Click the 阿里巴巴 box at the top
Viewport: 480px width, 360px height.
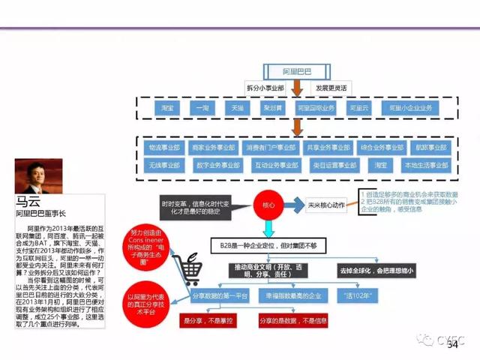click(296, 71)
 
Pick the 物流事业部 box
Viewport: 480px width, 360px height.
click(163, 148)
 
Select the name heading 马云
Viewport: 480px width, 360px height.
click(28, 202)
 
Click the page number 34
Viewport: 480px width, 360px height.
click(451, 344)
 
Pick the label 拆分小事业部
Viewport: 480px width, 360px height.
click(266, 88)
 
